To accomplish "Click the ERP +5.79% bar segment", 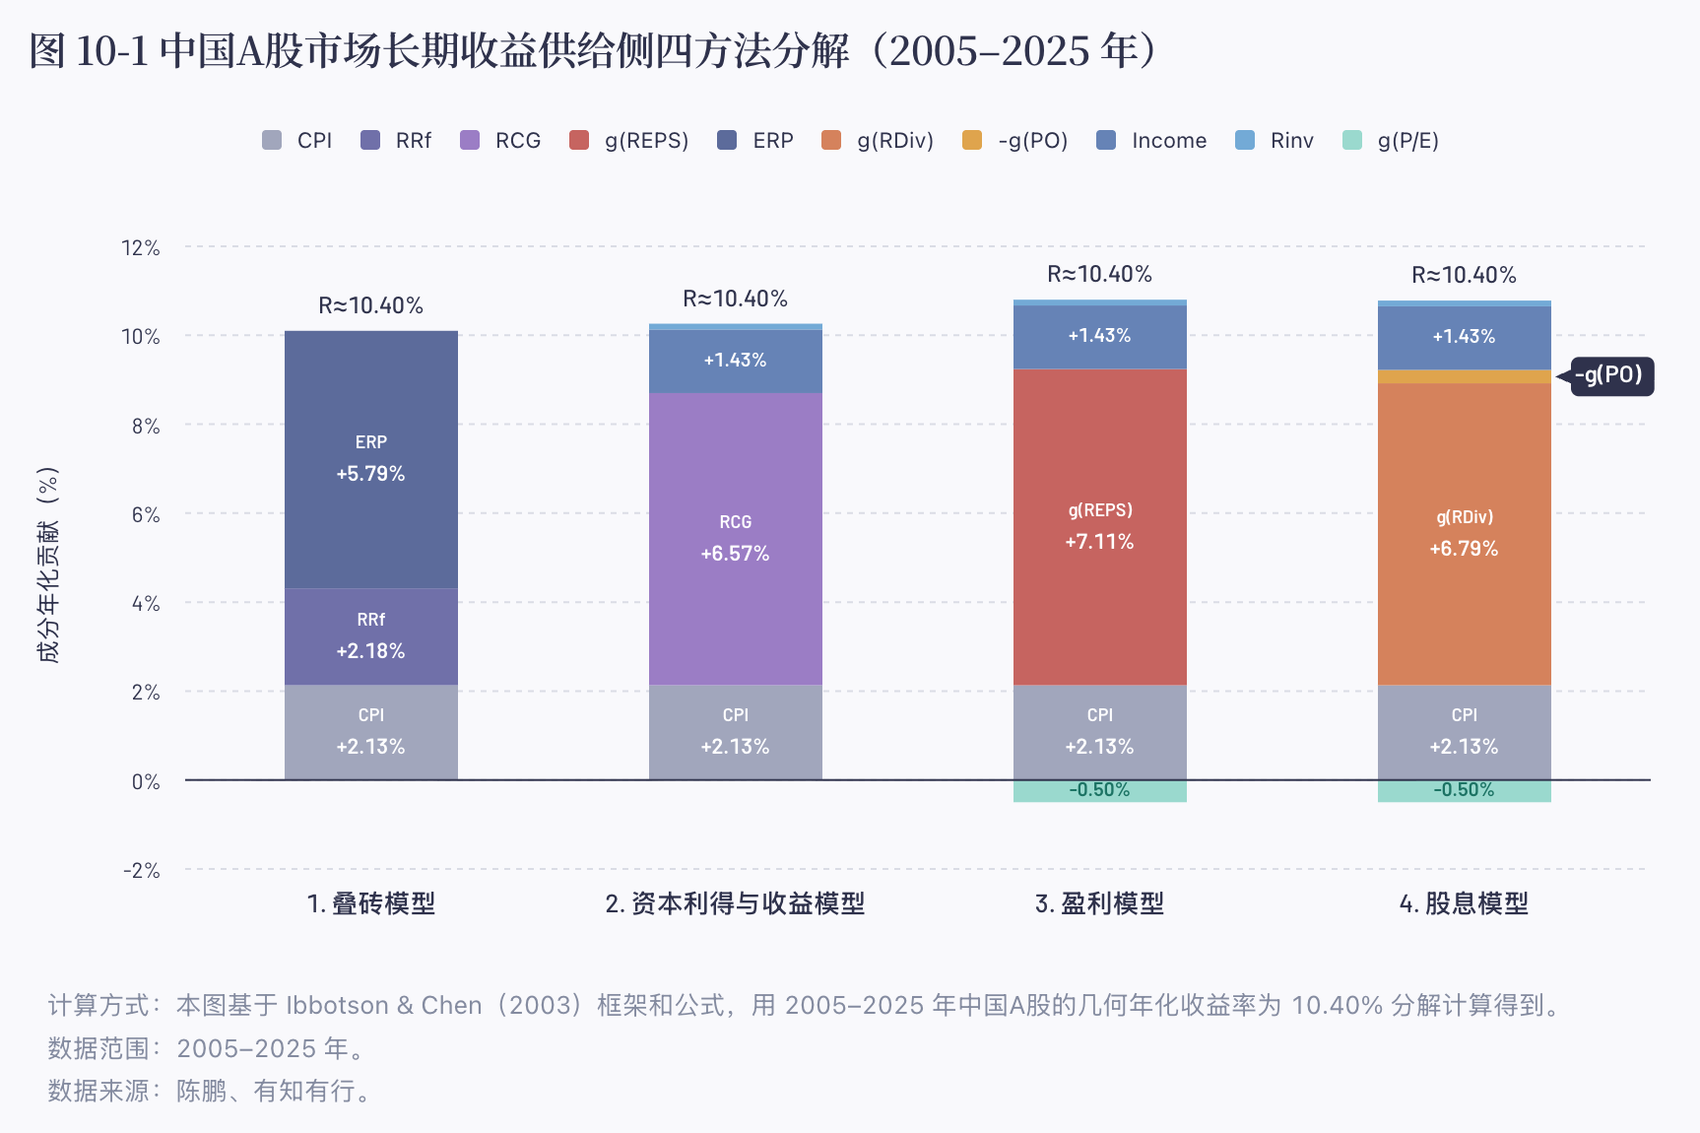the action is click(371, 459).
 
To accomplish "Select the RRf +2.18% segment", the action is click(371, 636).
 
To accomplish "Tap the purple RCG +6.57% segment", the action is click(736, 539).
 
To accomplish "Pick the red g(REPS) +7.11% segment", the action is click(1100, 527).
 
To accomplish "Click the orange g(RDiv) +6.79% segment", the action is click(1465, 534).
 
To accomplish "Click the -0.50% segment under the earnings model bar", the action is click(1100, 790).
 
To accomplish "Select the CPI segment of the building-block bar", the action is click(371, 732).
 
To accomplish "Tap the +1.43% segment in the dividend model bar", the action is click(1465, 338).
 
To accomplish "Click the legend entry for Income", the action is click(1151, 140).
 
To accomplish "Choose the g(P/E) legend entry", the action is click(1391, 140).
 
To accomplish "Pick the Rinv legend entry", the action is click(1275, 140).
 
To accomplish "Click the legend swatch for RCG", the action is click(470, 140).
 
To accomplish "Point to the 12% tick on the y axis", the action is click(140, 247).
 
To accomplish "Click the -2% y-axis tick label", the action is click(141, 870).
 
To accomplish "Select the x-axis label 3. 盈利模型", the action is click(1099, 903).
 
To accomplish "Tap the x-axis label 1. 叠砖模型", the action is click(370, 903).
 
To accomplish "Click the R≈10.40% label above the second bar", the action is click(736, 299).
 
